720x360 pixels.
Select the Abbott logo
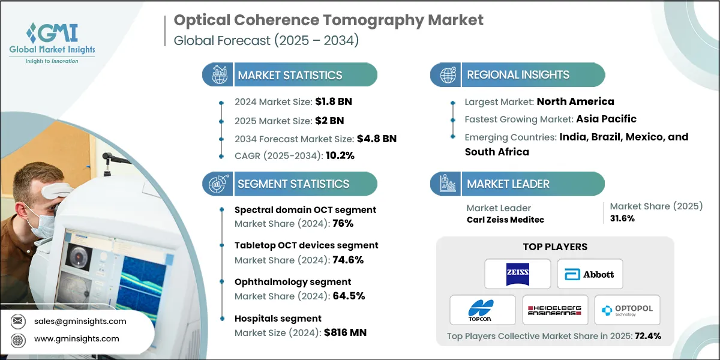pos(590,274)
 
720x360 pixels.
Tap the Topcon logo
pos(482,310)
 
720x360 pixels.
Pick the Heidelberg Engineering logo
pos(554,310)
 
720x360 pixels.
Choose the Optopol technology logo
pos(627,310)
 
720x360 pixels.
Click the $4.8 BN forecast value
pos(376,139)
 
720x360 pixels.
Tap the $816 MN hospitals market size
pos(345,332)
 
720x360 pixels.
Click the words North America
pos(575,101)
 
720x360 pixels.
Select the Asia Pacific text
pos(606,119)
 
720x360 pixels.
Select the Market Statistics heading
pos(290,76)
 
